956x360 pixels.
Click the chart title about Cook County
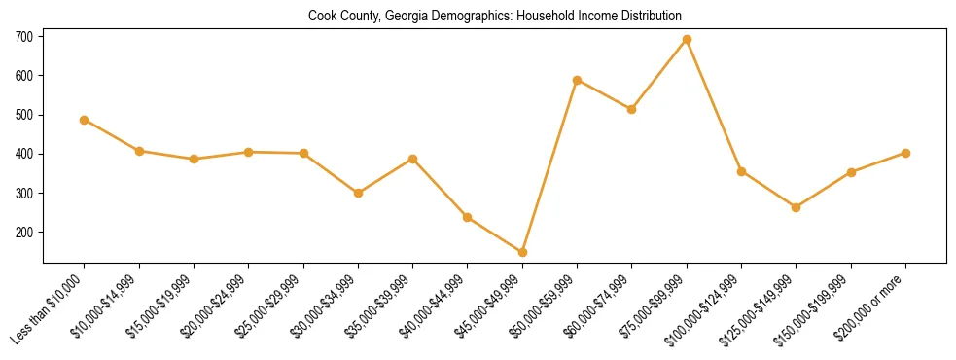tap(495, 16)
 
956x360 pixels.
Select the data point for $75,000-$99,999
tap(687, 40)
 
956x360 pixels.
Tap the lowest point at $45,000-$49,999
tap(522, 252)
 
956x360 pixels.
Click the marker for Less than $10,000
tap(85, 120)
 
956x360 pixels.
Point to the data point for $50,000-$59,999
tap(578, 80)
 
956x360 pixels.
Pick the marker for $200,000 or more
tap(905, 153)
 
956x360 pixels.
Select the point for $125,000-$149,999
tap(796, 207)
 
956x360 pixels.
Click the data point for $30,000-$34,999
tap(358, 193)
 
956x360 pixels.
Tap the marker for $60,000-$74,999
tap(632, 109)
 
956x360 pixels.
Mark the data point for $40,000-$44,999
tap(468, 217)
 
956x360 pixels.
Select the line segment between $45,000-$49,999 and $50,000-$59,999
tap(549, 166)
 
